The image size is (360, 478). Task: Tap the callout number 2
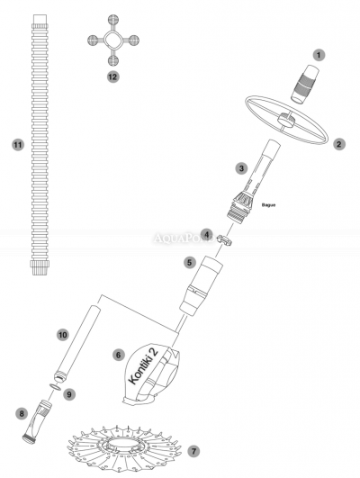pos(339,143)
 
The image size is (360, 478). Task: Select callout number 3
pos(240,167)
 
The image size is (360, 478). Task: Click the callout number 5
pos(189,262)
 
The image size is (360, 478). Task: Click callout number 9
pos(68,392)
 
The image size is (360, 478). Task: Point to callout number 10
pos(62,334)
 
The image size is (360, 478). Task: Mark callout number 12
pos(112,77)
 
